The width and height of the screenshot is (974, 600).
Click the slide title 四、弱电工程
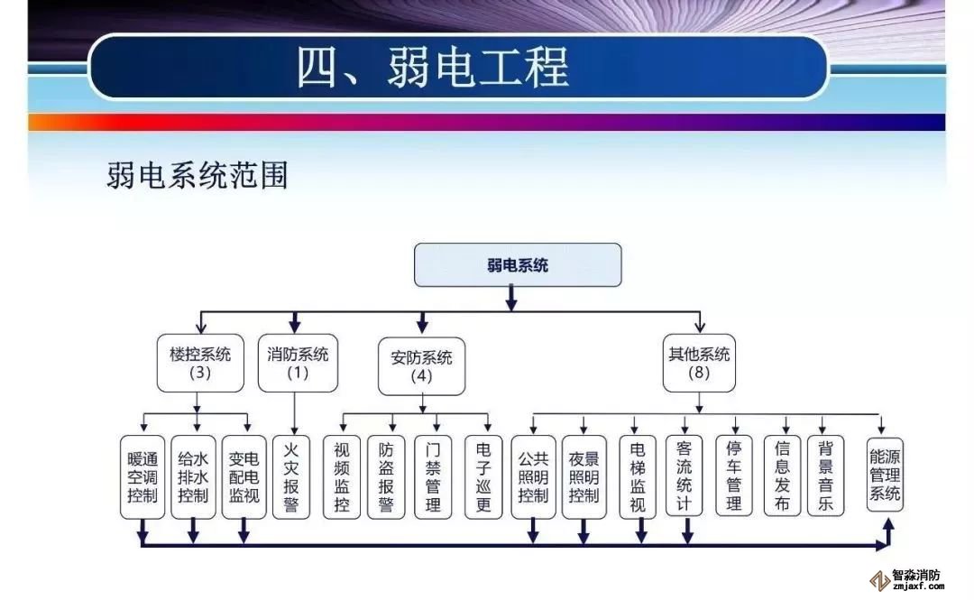(433, 69)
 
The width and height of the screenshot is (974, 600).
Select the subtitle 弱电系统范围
(197, 175)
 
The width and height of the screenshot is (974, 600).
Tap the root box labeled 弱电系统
(517, 265)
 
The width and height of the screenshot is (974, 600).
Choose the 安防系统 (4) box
(421, 365)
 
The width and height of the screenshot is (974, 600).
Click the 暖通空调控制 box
(142, 477)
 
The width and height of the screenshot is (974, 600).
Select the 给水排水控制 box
(193, 477)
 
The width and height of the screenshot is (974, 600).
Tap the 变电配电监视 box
(243, 477)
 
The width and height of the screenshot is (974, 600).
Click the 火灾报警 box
(290, 477)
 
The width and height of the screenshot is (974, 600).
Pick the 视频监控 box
(341, 477)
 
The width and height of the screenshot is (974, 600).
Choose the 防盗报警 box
(386, 477)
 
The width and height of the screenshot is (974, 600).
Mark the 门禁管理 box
(433, 477)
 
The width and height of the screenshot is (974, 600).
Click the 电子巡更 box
(483, 477)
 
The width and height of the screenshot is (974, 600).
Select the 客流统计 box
(685, 475)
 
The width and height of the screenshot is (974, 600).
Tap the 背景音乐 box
(825, 475)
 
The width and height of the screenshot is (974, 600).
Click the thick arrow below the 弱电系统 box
(511, 298)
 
